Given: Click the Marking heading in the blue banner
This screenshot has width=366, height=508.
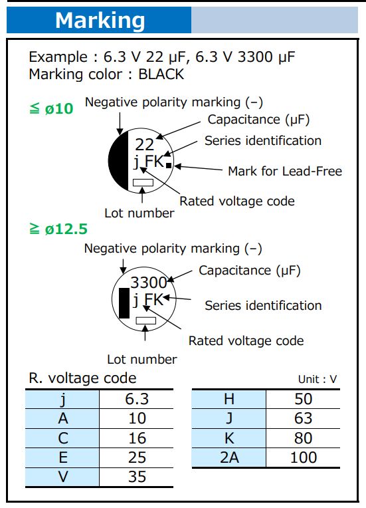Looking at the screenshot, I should tap(100, 20).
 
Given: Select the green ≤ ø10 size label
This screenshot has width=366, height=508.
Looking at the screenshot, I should tap(51, 108).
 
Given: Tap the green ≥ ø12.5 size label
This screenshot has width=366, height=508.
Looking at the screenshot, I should tap(58, 229).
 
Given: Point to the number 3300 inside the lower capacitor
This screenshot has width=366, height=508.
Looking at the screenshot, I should tap(148, 283).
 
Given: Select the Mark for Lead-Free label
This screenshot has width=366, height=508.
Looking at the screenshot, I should tap(284, 171).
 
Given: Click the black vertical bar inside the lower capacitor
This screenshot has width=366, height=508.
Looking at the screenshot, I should tap(123, 303).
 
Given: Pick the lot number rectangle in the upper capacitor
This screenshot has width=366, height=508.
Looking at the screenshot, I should tap(143, 182).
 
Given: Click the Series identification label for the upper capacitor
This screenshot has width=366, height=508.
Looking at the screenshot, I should tap(262, 140).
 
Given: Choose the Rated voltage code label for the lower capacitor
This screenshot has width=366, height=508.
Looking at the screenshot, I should tap(246, 340).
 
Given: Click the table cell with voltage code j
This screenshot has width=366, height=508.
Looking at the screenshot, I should tap(62, 399).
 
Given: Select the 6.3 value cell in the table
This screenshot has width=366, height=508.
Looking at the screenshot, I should tap(136, 399).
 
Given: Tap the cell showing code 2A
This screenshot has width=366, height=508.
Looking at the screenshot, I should tap(229, 457).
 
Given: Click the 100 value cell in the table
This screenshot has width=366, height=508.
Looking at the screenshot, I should tap(303, 457).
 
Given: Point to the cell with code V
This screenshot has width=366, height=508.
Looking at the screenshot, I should tap(62, 477).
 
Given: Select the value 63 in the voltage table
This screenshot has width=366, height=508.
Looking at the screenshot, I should tap(303, 418).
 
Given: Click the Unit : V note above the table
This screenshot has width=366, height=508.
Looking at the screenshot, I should tap(318, 380).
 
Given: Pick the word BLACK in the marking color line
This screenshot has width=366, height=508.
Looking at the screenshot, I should tap(161, 74).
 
